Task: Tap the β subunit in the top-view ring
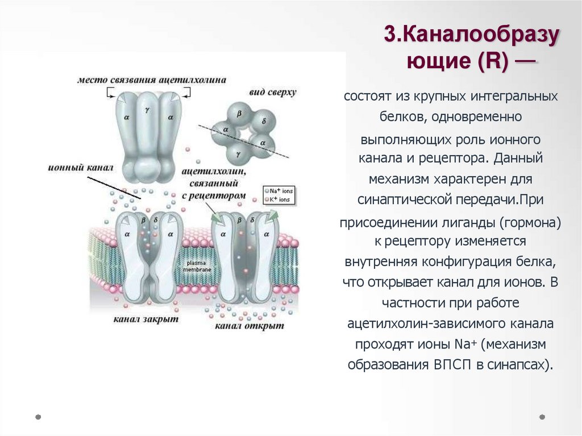pyautogui.click(x=239, y=114)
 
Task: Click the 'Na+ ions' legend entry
pyautogui.click(x=280, y=191)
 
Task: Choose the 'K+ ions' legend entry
pyautogui.click(x=280, y=200)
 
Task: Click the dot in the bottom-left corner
pyautogui.click(x=38, y=417)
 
